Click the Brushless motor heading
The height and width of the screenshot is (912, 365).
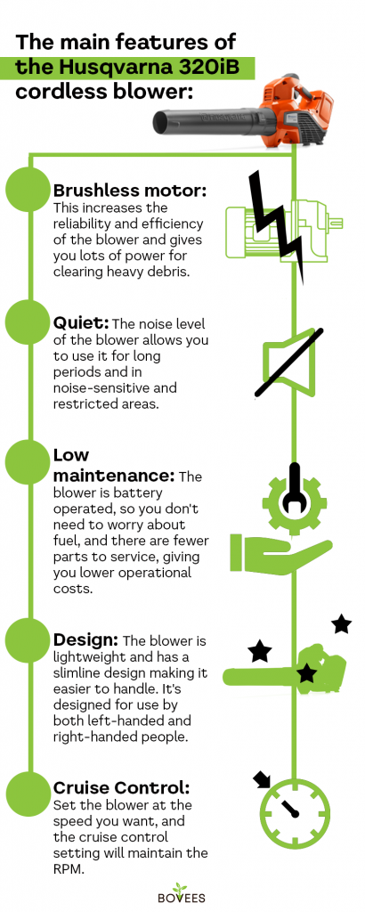tap(130, 191)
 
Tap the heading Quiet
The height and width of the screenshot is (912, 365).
tap(80, 322)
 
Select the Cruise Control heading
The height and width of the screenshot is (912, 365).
tap(121, 788)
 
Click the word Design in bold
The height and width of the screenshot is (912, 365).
tap(85, 641)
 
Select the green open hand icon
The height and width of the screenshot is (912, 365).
tap(278, 553)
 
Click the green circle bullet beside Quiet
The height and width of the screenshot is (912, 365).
tap(28, 322)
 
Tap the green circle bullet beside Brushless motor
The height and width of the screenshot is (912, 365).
tap(28, 190)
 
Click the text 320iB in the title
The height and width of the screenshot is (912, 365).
tap(218, 68)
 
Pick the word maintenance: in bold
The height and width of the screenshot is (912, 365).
tap(114, 476)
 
